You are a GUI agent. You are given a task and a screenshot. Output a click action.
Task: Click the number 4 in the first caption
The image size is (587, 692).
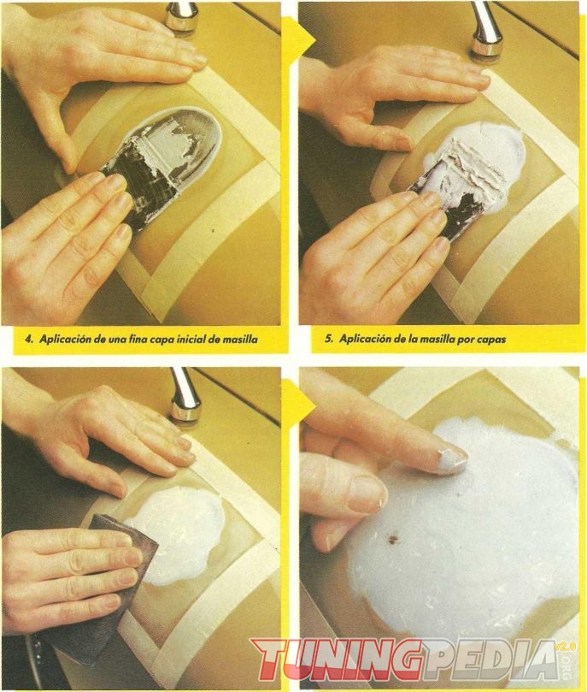click(29, 340)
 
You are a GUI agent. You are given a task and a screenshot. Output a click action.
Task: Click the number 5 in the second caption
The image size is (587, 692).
click(328, 339)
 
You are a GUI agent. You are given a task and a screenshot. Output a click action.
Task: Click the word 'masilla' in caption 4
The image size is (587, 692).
click(240, 340)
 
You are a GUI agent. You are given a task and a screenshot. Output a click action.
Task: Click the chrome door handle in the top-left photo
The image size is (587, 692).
click(180, 15)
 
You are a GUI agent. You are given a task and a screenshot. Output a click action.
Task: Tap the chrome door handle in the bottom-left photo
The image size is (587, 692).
click(185, 395)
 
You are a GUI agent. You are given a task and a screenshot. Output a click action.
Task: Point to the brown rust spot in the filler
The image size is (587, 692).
click(390, 538)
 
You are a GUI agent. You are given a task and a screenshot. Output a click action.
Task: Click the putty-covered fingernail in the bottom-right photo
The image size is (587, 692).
click(450, 461)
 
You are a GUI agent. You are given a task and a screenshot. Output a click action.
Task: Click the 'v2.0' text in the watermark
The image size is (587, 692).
click(566, 647)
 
